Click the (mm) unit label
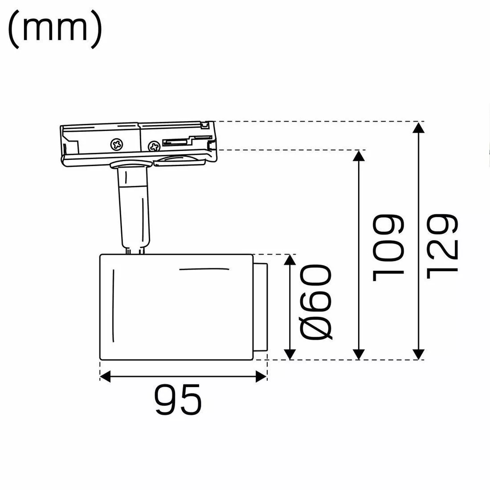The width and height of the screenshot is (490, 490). click(56, 28)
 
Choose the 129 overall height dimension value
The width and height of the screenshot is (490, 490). click(441, 248)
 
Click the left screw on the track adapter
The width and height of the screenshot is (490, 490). click(117, 144)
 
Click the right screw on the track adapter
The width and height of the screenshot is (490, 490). click(154, 145)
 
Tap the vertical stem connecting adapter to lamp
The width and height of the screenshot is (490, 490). click(134, 209)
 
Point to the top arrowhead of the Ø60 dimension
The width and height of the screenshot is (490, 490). click(290, 261)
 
